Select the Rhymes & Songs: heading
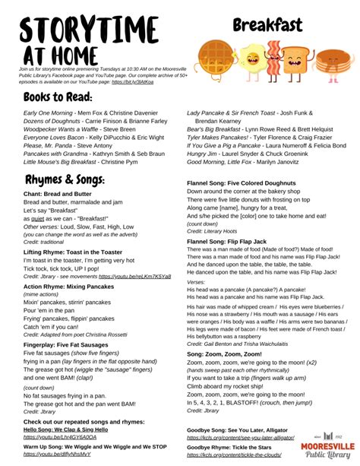click(65, 181)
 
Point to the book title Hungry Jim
click(203, 154)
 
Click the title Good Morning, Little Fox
click(221, 162)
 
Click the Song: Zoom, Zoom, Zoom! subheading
click(225, 353)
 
